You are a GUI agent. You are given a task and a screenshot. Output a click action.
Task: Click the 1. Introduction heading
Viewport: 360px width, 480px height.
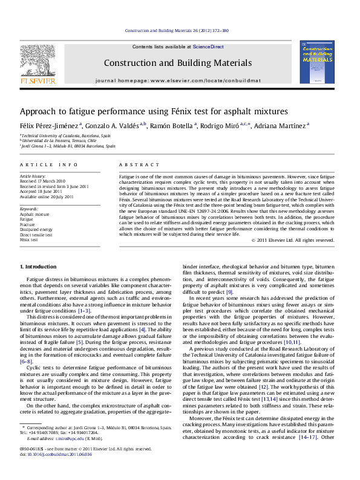[39, 266]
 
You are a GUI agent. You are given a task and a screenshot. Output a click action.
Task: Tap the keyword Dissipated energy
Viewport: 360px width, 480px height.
[36, 230]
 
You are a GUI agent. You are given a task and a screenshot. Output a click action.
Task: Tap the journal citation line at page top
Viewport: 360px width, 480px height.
[177, 30]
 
